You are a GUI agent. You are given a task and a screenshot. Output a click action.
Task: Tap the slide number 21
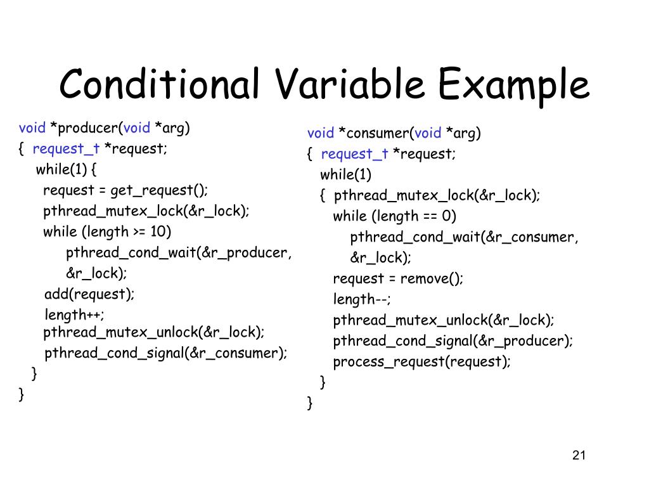[x=577, y=455]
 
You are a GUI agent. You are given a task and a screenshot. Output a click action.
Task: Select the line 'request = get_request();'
[x=125, y=190]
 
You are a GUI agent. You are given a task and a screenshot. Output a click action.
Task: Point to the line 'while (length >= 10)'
[x=107, y=231]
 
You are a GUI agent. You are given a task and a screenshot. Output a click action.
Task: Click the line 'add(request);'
[x=89, y=294]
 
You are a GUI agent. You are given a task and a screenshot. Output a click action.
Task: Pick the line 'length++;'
[x=75, y=315]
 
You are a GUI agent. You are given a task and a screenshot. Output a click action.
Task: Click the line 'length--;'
[x=362, y=299]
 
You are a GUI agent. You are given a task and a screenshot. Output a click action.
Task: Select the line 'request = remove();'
[x=398, y=278]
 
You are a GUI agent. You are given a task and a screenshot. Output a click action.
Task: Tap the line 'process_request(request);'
[x=421, y=361]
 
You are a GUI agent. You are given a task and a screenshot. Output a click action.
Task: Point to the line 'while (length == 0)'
[x=395, y=216]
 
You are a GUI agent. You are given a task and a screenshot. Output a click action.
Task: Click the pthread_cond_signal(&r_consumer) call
[x=165, y=353]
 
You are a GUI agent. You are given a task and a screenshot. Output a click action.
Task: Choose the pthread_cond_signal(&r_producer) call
[x=453, y=341]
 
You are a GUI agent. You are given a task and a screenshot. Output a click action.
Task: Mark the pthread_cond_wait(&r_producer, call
[x=179, y=253]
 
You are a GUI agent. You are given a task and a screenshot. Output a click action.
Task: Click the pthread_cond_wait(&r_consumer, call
[x=464, y=237]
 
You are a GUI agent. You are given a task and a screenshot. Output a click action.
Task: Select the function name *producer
[x=85, y=128]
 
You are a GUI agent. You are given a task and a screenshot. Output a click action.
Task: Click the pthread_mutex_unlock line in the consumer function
[x=443, y=320]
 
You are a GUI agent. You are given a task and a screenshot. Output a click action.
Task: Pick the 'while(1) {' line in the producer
[x=67, y=169]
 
